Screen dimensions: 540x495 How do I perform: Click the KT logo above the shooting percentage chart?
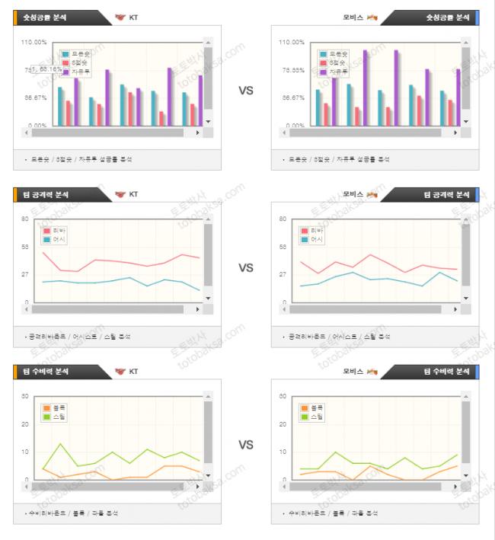pos(120,17)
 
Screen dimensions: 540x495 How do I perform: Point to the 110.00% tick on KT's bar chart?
pos(37,43)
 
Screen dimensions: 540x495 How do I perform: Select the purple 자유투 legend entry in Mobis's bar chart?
pos(334,72)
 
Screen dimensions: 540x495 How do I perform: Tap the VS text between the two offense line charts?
pos(246,267)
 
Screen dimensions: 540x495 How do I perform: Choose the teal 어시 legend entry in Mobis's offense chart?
pos(312,240)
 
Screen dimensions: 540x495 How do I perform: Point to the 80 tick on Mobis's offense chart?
pos(283,219)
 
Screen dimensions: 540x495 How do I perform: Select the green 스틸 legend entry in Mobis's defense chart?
pos(313,417)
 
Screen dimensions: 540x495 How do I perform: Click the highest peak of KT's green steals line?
pos(60,443)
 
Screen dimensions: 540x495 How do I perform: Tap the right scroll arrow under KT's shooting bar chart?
pos(199,133)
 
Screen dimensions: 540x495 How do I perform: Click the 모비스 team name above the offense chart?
pos(352,193)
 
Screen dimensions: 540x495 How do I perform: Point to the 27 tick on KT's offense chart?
pos(25,275)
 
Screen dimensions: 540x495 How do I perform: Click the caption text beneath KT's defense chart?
pos(80,513)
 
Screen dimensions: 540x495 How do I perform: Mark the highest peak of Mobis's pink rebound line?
pos(370,254)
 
